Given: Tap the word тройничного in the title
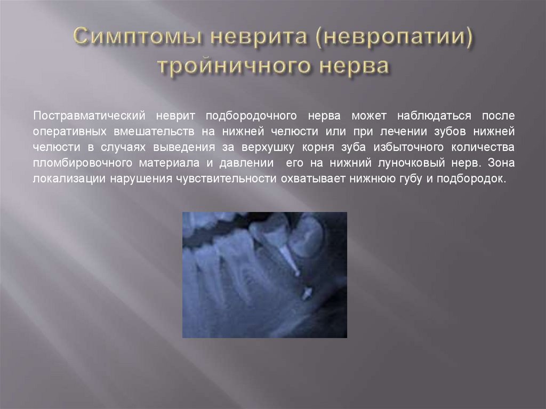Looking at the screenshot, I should click(232, 68).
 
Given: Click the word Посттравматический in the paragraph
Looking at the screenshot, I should click(90, 115).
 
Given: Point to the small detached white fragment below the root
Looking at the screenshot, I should click(307, 292).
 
